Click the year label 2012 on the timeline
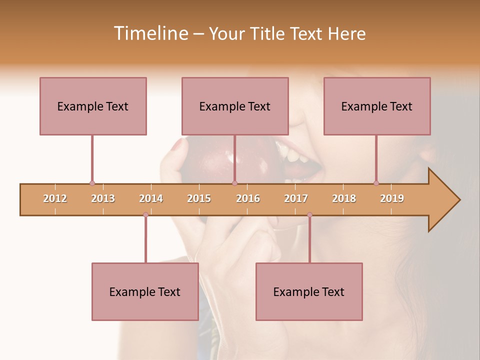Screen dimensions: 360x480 pyautogui.click(x=55, y=198)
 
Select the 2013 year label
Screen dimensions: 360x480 pyautogui.click(x=103, y=198)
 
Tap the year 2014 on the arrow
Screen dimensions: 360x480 pyautogui.click(x=151, y=198)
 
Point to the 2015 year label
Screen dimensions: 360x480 pyautogui.click(x=199, y=198)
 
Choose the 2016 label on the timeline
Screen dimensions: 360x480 pyautogui.click(x=248, y=198)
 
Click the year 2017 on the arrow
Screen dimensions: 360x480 pyautogui.click(x=296, y=198)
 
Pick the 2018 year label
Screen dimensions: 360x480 pyautogui.click(x=344, y=198)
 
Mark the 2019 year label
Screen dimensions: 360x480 pyautogui.click(x=392, y=198)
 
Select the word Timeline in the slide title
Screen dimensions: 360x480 pyautogui.click(x=149, y=33)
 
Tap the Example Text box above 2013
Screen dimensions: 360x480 pyautogui.click(x=93, y=106)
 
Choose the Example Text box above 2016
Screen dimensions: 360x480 pyautogui.click(x=235, y=106)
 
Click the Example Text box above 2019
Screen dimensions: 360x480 pyautogui.click(x=377, y=106)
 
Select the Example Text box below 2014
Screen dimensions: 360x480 pyautogui.click(x=145, y=291)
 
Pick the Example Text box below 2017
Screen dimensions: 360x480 pyautogui.click(x=309, y=291)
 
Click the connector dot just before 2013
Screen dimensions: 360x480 pyautogui.click(x=92, y=183)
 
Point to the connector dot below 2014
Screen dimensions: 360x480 pyautogui.click(x=145, y=214)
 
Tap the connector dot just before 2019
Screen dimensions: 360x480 pyautogui.click(x=376, y=183)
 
